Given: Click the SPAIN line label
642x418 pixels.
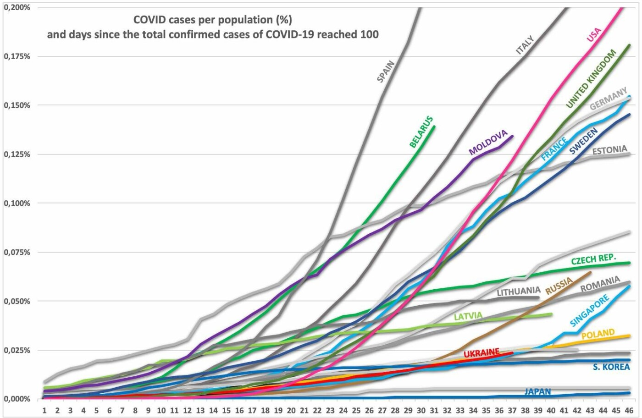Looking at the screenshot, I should coord(386,71).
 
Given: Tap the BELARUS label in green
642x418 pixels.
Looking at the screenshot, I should coord(421,132).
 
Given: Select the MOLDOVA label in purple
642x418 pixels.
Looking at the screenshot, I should coord(488,142).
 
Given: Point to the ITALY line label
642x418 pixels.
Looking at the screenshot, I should coord(525,45).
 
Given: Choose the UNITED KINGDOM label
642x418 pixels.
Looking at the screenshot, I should coord(591,79).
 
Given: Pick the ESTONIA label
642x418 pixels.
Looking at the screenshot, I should coord(609,150).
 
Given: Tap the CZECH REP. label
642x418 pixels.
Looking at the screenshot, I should coord(593,259).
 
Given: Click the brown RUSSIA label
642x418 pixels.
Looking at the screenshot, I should coord(559,286).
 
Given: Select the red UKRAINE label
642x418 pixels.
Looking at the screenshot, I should coord(481,353).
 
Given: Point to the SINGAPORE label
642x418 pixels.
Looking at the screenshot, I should coord(590,311).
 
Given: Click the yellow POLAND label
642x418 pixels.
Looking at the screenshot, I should coord(598,334).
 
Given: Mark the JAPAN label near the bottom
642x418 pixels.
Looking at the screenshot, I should coord(537,392).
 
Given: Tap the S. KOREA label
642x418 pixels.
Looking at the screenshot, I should coord(611,367).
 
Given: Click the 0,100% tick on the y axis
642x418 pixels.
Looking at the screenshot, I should coord(17,203).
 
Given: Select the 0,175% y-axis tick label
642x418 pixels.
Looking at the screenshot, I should coord(17,56).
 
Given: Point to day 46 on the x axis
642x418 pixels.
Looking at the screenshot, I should coord(629,410).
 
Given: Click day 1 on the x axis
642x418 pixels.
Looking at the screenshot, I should coord(44,410).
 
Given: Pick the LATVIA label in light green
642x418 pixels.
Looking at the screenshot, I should coord(468,316).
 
